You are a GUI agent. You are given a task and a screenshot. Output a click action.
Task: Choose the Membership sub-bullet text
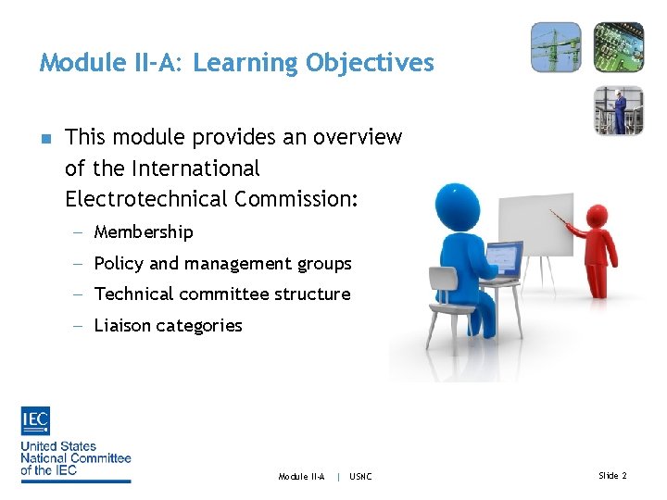coord(144,232)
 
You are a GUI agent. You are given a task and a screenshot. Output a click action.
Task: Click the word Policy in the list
coord(120,264)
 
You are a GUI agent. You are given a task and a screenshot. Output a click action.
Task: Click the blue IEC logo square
coord(35,421)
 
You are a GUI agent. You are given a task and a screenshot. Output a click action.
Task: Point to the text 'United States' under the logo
coord(58,446)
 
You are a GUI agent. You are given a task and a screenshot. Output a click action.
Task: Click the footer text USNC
coord(360,477)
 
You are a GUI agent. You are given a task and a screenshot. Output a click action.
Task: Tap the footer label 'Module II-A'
coord(301,477)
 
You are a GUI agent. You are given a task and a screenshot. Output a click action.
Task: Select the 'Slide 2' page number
coord(612,476)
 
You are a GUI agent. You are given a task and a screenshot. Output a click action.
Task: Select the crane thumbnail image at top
coord(556,47)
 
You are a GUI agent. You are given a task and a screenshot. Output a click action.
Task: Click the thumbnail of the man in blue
coord(618,110)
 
